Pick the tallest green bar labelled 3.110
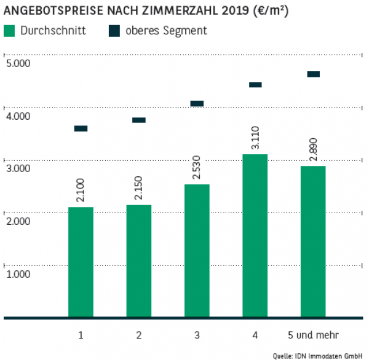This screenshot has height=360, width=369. (x=255, y=236)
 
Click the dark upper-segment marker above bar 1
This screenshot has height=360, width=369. (x=81, y=128)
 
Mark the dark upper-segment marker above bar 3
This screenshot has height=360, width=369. (x=197, y=103)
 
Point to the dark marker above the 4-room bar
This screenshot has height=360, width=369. (x=255, y=85)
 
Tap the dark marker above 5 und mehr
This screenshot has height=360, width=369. (x=314, y=74)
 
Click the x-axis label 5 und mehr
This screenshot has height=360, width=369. (x=313, y=335)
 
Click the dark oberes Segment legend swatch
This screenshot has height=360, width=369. (x=115, y=31)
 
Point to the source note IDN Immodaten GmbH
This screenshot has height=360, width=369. (x=332, y=355)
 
